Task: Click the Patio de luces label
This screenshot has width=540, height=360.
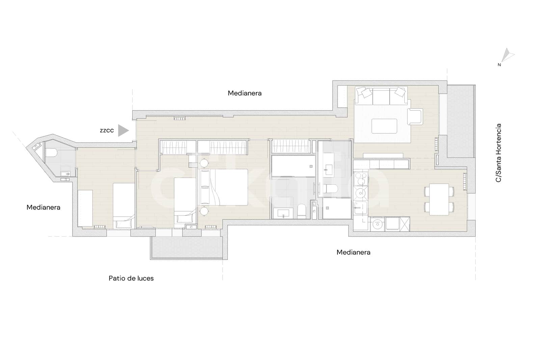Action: coord(131,278)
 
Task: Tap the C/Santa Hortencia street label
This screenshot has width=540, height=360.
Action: coord(498,153)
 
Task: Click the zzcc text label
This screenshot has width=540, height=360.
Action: coord(107,131)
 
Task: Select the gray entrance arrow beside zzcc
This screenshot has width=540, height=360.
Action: coord(123,131)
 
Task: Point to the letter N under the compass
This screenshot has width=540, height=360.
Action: coord(499,65)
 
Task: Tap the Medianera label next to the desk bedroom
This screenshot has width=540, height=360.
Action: coord(44,207)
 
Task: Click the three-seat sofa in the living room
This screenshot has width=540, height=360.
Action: coord(381,96)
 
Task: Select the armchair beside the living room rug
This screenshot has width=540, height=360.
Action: coord(415,117)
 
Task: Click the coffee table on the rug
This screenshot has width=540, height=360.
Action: coord(384,126)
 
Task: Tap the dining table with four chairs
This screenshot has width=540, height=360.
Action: coord(439,199)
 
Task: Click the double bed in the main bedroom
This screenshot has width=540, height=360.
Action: coord(223,187)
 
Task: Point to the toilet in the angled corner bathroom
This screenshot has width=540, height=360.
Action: coord(51,153)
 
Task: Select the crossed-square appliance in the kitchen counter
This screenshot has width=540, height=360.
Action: coord(405,224)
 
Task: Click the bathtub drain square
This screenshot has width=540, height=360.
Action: coord(311,166)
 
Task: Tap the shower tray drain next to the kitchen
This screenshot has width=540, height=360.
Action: coord(327,208)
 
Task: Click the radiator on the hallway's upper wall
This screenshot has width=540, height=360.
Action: coord(180,119)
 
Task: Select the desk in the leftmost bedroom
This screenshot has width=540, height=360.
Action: coord(85,208)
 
